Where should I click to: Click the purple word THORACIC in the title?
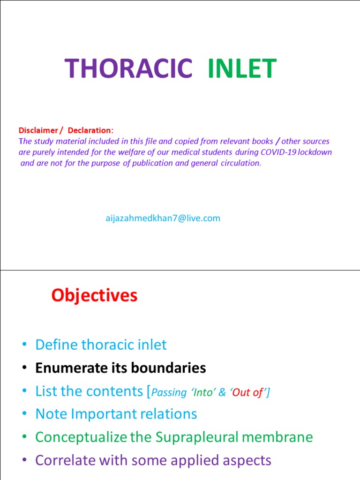click(128, 69)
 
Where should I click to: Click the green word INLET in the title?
click(241, 69)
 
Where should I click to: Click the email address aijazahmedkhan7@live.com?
click(163, 218)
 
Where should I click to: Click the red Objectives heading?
click(94, 295)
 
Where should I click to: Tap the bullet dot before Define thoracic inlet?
click(24, 345)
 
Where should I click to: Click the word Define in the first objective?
click(56, 345)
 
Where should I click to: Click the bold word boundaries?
click(168, 368)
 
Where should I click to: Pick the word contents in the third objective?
click(121, 391)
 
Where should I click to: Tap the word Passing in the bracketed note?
click(169, 393)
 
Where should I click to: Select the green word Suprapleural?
click(196, 437)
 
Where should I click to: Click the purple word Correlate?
click(67, 460)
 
